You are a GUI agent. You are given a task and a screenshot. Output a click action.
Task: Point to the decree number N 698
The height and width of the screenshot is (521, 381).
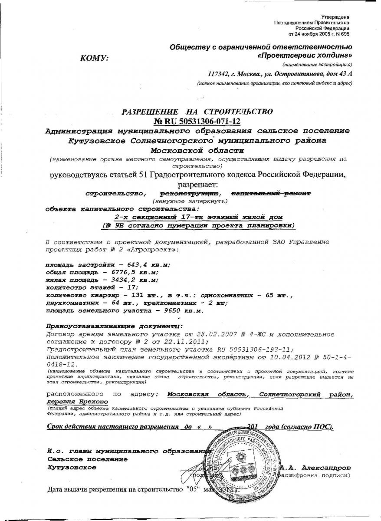(340, 33)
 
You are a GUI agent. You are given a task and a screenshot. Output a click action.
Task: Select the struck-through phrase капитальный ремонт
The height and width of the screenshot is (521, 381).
(271, 193)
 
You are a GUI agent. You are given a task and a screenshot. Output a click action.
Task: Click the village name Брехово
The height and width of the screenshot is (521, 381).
(89, 402)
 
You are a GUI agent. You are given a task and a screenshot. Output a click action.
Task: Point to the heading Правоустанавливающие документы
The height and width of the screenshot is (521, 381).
(114, 326)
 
